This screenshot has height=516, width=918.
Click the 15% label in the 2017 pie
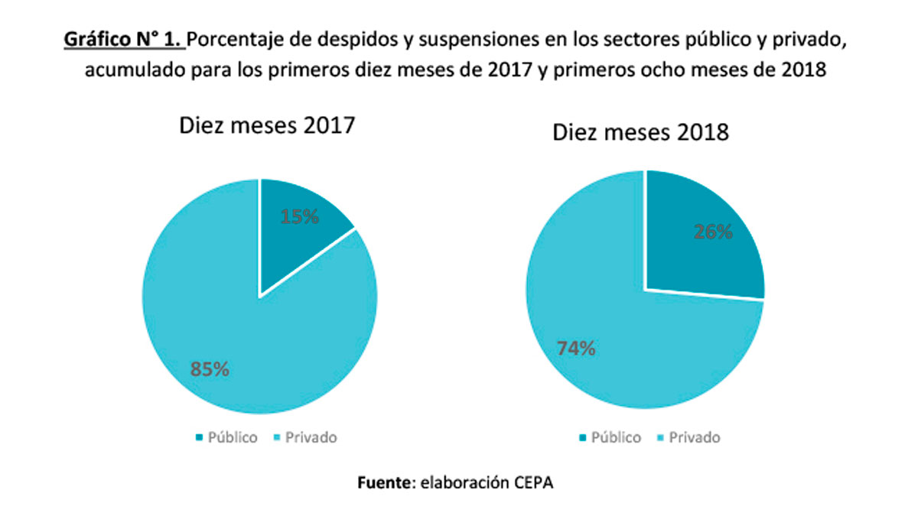tap(299, 216)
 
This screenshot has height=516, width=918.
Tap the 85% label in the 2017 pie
tap(210, 369)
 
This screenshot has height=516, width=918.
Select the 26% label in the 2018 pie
tap(713, 232)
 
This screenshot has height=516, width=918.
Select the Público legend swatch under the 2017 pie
tap(200, 438)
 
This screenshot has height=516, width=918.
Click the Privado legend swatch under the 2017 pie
tap(276, 438)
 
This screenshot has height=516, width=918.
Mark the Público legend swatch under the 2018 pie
tap(584, 438)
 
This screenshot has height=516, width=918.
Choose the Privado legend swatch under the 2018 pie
tap(659, 438)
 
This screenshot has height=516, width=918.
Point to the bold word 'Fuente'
tap(385, 483)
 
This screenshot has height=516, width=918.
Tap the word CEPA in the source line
tap(536, 483)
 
